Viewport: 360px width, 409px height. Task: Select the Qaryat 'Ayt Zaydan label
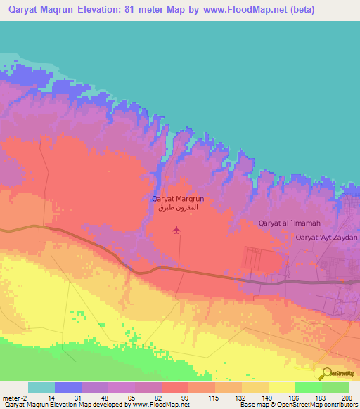pos(327,238)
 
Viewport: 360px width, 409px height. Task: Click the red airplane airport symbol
pos(176,228)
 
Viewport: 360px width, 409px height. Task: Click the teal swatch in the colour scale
pos(41,387)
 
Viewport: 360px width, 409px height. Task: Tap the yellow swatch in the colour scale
pos(281,387)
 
